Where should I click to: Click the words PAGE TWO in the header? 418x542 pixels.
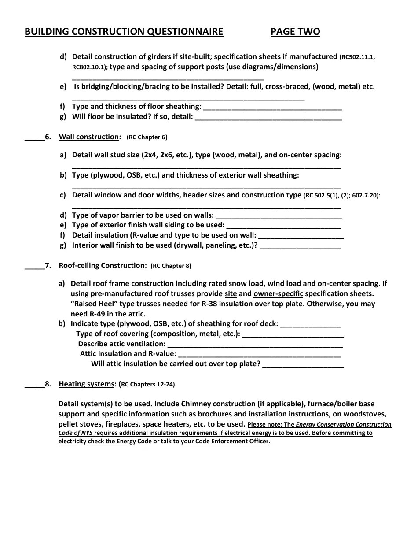click(295, 32)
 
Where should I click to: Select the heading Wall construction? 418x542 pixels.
click(89, 137)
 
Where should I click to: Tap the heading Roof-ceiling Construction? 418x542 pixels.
click(102, 266)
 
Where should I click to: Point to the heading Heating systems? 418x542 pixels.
click(87, 384)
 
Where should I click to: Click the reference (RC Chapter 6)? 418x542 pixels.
click(147, 137)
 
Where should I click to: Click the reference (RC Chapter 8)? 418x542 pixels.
click(171, 266)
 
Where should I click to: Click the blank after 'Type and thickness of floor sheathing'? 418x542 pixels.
click(272, 107)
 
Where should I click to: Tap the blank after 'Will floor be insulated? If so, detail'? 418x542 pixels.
click(268, 117)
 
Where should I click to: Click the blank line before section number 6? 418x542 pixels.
click(34, 137)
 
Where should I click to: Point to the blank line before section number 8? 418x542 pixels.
click(34, 385)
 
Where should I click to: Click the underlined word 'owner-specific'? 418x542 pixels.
click(278, 294)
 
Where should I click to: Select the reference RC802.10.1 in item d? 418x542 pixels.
click(90, 67)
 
